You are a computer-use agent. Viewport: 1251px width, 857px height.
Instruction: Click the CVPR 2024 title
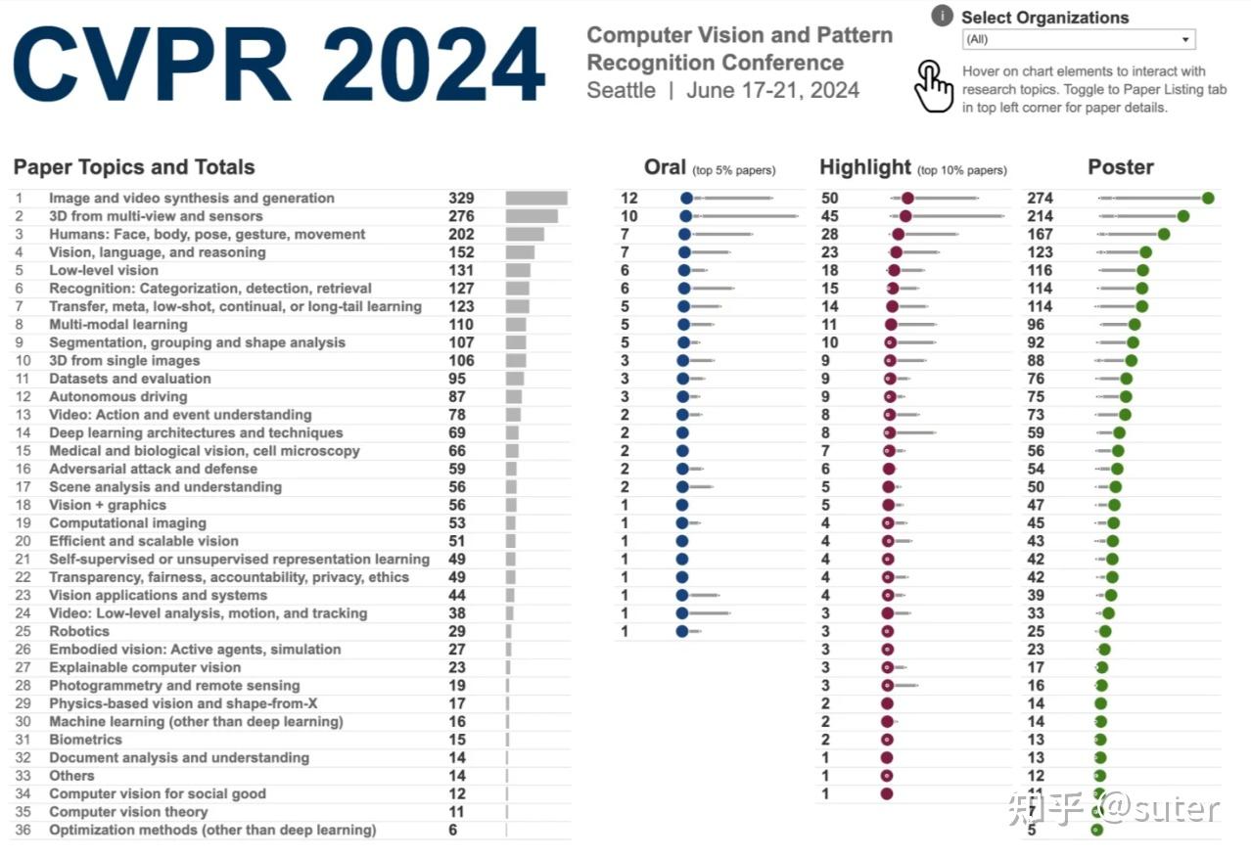[279, 67]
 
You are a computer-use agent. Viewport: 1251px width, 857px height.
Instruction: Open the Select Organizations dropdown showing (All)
[1078, 40]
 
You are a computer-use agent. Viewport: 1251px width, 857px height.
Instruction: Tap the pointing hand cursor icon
[933, 87]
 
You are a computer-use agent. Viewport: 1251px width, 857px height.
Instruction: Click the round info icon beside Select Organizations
[943, 16]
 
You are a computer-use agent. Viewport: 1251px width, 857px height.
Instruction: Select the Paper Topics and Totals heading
[134, 167]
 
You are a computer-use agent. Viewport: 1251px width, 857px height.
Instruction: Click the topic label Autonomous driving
[118, 396]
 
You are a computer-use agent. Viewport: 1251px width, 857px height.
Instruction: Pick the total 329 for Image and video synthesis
[461, 199]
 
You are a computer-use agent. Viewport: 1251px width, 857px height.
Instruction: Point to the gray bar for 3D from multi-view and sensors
[532, 216]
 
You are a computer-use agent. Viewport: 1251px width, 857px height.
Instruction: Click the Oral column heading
[665, 167]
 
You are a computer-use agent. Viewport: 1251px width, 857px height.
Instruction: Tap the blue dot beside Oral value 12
[686, 199]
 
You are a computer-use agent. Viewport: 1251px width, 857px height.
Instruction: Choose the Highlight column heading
[865, 167]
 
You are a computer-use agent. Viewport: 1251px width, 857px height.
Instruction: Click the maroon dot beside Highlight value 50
[907, 199]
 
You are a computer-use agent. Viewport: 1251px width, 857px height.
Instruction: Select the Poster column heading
[1121, 167]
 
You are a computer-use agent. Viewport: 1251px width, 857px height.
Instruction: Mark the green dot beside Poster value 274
[1208, 199]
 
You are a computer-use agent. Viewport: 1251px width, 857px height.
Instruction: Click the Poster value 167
[1040, 235]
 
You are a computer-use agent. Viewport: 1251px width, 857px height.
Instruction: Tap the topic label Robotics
[79, 631]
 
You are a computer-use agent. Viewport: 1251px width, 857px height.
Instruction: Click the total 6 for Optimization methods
[452, 830]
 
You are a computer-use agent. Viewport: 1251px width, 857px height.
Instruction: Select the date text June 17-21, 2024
[772, 91]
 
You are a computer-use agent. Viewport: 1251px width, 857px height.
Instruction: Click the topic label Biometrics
[86, 740]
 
